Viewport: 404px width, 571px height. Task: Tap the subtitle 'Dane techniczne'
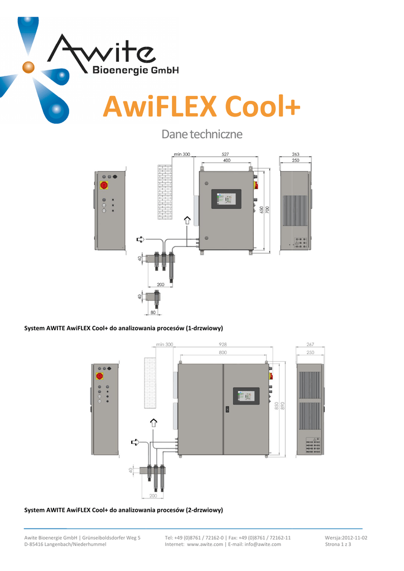click(x=201, y=135)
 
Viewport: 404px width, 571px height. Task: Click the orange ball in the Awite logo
click(x=28, y=67)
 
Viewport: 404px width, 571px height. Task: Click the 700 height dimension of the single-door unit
click(x=267, y=210)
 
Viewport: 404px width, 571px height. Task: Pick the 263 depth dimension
click(x=296, y=154)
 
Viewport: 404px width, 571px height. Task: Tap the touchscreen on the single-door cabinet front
click(x=225, y=199)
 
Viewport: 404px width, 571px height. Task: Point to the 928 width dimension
click(x=223, y=344)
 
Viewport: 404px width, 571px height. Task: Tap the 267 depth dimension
click(x=310, y=344)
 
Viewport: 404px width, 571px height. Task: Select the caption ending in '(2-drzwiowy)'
click(x=124, y=510)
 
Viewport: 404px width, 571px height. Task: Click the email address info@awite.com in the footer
click(x=262, y=544)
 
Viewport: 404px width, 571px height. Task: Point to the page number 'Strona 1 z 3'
click(x=338, y=544)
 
